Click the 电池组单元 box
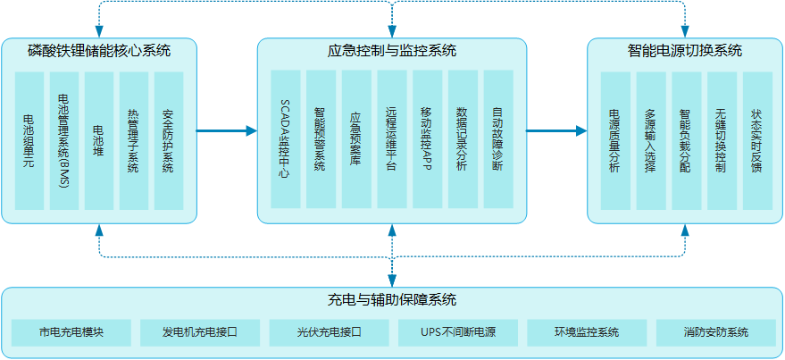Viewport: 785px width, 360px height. point(30,141)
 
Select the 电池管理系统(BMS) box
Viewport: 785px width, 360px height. point(65,141)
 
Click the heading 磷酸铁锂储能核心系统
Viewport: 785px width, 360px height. point(99,50)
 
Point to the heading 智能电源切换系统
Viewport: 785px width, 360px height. point(685,50)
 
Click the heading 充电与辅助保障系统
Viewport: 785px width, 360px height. point(392,299)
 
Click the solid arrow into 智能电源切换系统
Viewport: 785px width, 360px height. point(555,131)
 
